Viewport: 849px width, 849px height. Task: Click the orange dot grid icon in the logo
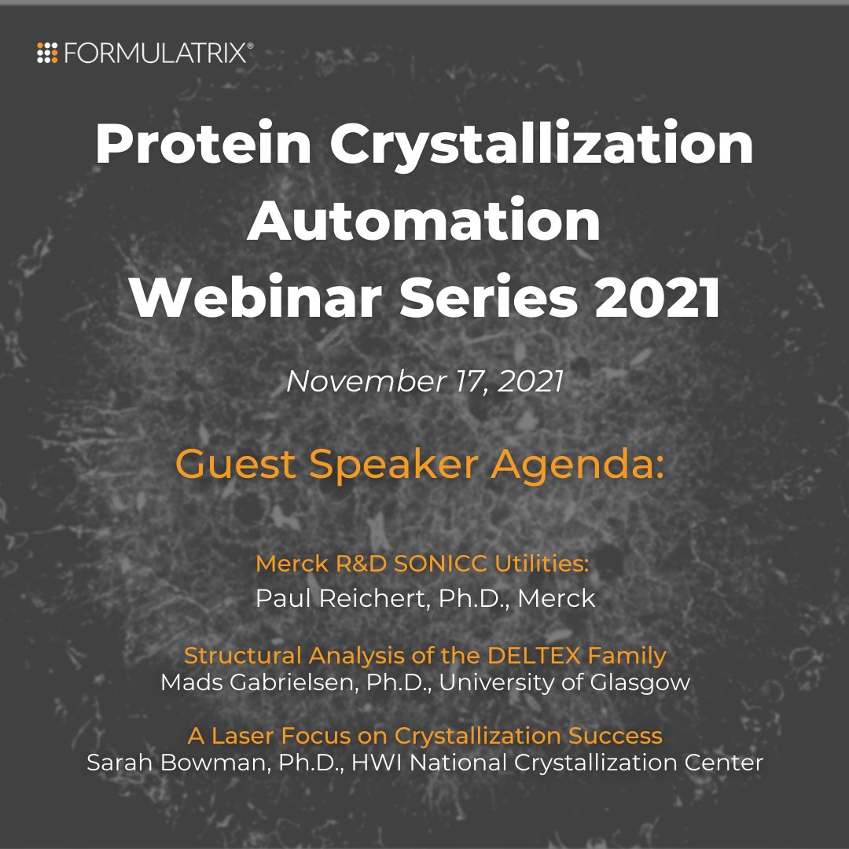(x=48, y=53)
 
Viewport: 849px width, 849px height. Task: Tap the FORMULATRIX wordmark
(x=157, y=53)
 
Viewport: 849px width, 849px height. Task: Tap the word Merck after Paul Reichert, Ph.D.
(x=559, y=599)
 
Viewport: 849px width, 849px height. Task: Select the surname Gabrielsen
(x=284, y=682)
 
